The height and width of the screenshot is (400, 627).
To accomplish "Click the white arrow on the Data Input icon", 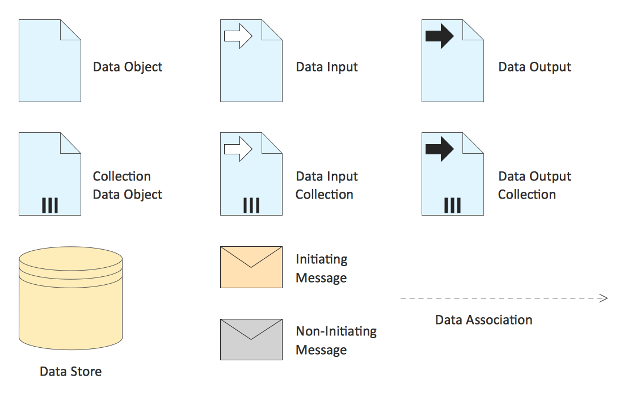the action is coord(238,36).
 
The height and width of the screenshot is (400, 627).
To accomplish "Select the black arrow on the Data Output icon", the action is coord(439,36).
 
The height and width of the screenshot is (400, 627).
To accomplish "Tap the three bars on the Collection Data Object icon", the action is coord(50,205).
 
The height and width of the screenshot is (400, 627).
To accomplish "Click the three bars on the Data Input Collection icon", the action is coord(251,205).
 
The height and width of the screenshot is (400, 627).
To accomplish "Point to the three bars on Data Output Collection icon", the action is coord(453,205).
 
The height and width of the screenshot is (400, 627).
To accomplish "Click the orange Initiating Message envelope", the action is coord(251,267).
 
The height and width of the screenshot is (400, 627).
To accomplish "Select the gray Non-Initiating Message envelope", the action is coord(251,340).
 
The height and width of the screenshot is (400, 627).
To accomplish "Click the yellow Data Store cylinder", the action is coord(71,298).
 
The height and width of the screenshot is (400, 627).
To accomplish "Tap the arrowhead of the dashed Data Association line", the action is coord(604,298).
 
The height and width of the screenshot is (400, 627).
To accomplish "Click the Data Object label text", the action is coord(128,67).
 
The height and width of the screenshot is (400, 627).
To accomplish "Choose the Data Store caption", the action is coord(71,372).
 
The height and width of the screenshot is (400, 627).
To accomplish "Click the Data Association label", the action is coord(484,320).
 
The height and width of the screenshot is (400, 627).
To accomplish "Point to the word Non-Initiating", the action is coord(336,331).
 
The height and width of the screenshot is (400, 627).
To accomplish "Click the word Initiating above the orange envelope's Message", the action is coord(322,260).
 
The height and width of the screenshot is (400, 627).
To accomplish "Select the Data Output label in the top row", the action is coord(535,67).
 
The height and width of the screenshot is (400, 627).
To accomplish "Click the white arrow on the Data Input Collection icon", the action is coord(238,149).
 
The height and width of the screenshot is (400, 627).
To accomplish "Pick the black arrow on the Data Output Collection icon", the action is coord(439,149).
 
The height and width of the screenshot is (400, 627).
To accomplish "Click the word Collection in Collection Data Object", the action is coord(122,176).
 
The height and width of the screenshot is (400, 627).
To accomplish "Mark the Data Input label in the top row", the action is coord(327,67).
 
